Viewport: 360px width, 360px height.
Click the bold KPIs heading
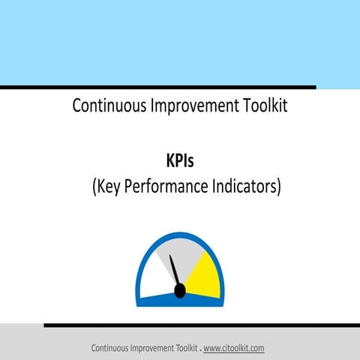pyautogui.click(x=180, y=160)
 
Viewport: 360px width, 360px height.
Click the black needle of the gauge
pyautogui.click(x=174, y=270)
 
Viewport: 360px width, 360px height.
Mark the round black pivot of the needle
pyautogui.click(x=179, y=290)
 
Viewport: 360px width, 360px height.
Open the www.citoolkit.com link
pyautogui.click(x=233, y=349)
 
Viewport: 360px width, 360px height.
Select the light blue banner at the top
pyautogui.click(x=180, y=42)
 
